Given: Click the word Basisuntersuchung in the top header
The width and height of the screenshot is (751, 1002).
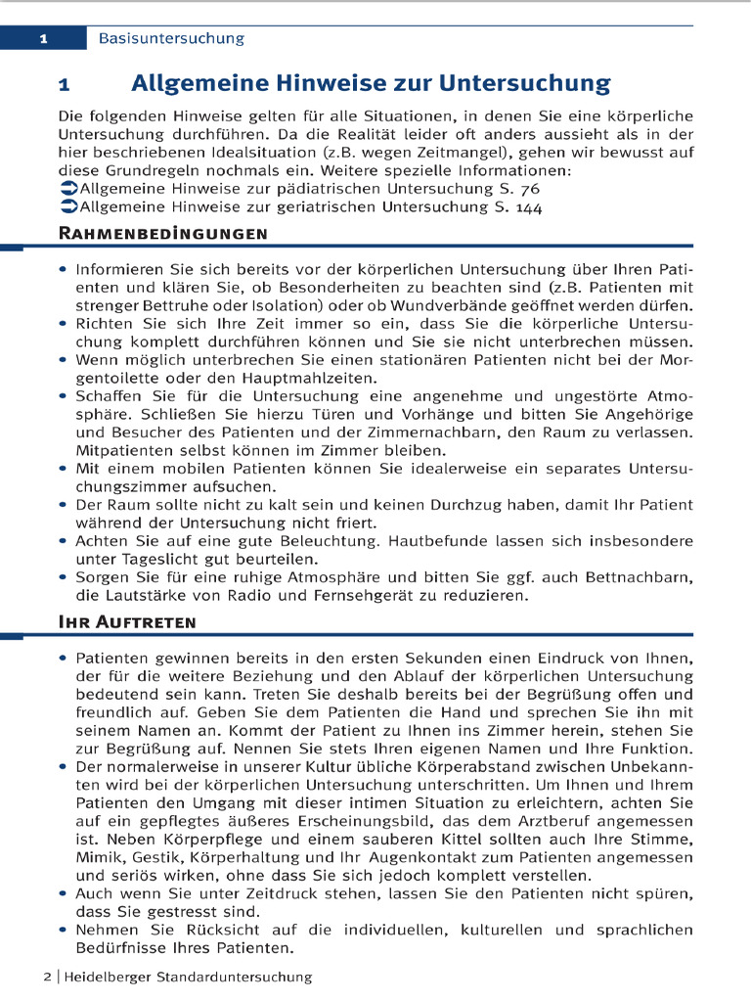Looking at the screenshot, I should tap(171, 39).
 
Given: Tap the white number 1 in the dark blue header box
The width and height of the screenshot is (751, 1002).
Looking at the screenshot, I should tap(44, 39).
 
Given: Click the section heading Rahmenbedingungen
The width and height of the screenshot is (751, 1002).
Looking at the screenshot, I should tap(163, 234).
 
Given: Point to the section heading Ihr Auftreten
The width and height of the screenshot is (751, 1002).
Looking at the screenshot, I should tap(127, 622).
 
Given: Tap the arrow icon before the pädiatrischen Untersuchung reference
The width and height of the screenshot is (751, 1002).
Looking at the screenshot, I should tap(67, 189).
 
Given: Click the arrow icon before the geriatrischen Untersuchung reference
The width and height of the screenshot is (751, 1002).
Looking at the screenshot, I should tap(67, 207).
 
